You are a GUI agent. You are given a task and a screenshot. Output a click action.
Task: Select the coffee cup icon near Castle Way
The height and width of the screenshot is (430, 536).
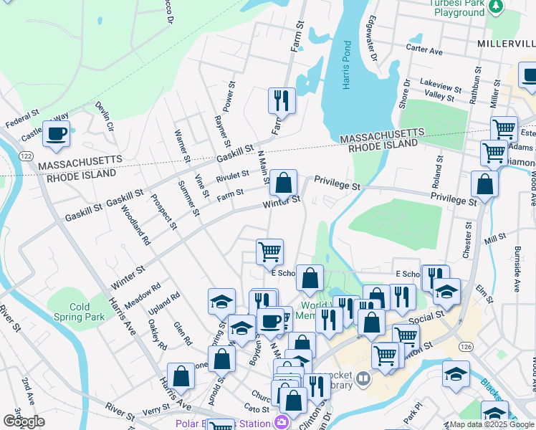click(56, 134)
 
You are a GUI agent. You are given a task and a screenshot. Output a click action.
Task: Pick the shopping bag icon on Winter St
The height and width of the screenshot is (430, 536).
click(284, 182)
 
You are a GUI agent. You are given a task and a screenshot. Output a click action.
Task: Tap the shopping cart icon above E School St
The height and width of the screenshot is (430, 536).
click(269, 252)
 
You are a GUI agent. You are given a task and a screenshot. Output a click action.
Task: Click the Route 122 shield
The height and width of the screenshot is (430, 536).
click(27, 156)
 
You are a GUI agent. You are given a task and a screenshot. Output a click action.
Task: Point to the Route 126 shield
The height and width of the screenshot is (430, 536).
click(466, 348)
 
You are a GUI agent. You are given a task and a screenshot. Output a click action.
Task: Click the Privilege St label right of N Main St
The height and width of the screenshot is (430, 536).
click(336, 186)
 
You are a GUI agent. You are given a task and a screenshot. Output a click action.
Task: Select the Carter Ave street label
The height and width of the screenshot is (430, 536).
click(424, 51)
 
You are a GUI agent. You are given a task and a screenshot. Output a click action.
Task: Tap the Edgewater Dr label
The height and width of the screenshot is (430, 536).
click(372, 39)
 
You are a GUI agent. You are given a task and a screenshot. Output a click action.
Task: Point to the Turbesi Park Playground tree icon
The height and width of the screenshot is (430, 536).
click(494, 6)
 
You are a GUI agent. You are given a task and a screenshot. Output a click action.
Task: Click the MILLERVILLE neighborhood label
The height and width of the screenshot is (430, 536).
click(506, 44)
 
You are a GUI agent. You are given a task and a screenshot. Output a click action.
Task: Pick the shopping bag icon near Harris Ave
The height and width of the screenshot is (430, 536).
click(181, 376)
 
